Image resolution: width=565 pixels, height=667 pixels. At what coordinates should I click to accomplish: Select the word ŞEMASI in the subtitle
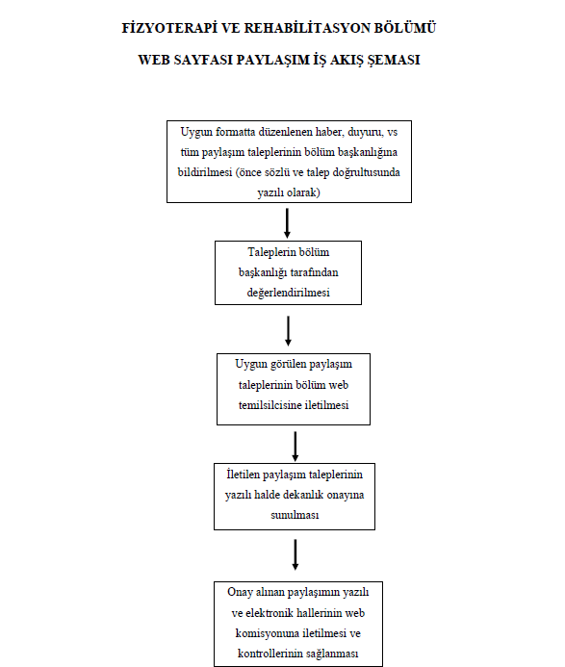pos(394,60)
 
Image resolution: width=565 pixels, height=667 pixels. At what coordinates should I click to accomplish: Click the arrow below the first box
pos(287,223)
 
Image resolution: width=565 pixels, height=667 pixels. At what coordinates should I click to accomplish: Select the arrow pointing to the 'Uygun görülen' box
pos(288,330)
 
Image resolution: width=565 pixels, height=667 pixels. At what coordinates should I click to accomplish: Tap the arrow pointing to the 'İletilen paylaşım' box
pos(295,447)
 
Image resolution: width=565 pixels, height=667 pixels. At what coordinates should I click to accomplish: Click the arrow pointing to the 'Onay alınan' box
pos(295,554)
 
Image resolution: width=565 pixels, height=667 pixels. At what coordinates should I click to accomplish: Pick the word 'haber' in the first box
pos(329,132)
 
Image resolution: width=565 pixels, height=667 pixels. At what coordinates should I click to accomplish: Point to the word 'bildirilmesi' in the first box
pos(205,172)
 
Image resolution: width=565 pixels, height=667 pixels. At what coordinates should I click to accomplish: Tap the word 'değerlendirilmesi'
pos(289,293)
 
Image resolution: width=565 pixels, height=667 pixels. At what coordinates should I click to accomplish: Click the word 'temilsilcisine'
pos(270,405)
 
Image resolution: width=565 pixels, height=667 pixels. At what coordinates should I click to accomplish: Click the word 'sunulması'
pos(295,515)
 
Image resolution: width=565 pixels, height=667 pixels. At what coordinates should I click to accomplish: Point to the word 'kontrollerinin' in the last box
pos(268,654)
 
